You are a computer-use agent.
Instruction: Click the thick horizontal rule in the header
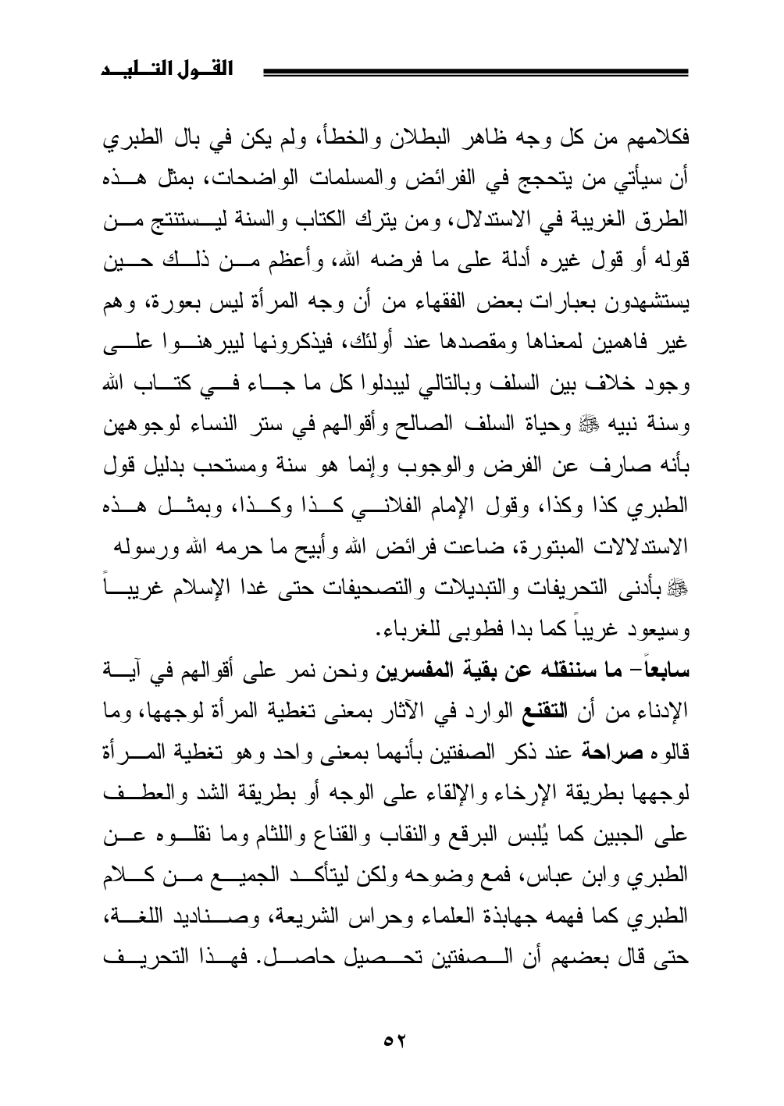[476, 73]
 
